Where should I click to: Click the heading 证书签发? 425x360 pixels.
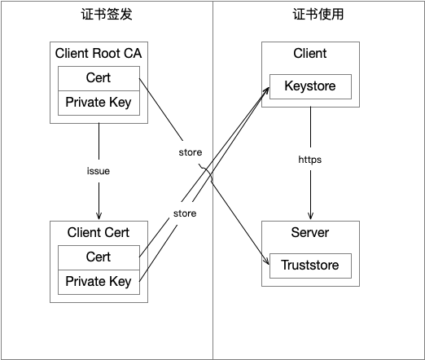pyautogui.click(x=107, y=14)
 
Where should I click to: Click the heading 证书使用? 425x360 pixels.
pyautogui.click(x=318, y=14)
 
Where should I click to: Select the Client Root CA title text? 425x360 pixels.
pyautogui.click(x=99, y=53)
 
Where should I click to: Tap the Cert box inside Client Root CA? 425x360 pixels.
pyautogui.click(x=99, y=78)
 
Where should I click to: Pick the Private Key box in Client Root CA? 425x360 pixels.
pyautogui.click(x=99, y=103)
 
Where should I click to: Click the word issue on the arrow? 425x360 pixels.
pyautogui.click(x=99, y=171)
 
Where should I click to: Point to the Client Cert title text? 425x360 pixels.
pyautogui.click(x=99, y=232)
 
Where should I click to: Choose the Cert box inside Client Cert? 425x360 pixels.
pyautogui.click(x=99, y=257)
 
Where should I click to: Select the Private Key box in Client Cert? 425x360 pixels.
pyautogui.click(x=99, y=282)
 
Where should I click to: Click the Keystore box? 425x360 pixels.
pyautogui.click(x=310, y=86)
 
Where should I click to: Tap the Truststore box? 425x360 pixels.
pyautogui.click(x=310, y=266)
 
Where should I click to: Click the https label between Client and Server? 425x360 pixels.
pyautogui.click(x=310, y=160)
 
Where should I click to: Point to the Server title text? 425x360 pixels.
pyautogui.click(x=310, y=232)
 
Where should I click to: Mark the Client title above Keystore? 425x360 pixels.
pyautogui.click(x=310, y=53)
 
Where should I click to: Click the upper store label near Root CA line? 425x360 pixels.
pyautogui.click(x=191, y=152)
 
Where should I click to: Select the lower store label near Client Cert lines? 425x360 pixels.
pyautogui.click(x=185, y=213)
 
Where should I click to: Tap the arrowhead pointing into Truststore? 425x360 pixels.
pyautogui.click(x=267, y=261)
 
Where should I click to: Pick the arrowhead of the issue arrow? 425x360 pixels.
pyautogui.click(x=99, y=216)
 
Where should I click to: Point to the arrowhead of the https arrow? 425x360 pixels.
pyautogui.click(x=310, y=216)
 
